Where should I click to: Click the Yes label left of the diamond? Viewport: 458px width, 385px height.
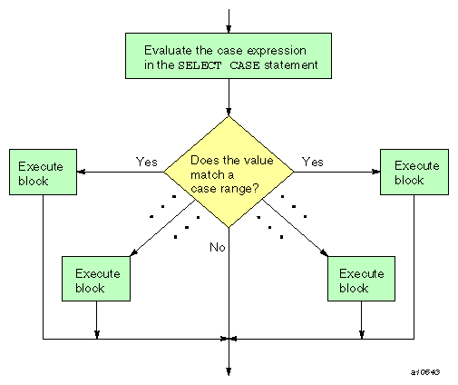point(147,162)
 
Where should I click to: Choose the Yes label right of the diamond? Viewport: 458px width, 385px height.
point(312,162)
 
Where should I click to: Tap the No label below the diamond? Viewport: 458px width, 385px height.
point(218,247)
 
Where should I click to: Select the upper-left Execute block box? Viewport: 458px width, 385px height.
point(43,173)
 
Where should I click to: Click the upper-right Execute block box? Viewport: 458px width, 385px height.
point(414,173)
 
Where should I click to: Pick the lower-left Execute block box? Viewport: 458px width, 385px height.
point(96,280)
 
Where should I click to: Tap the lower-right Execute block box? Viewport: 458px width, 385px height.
point(361,280)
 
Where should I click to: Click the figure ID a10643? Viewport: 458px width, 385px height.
point(425,373)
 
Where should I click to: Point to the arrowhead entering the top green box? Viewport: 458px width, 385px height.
point(229,28)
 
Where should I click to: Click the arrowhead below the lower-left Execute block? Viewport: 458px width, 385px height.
point(96,335)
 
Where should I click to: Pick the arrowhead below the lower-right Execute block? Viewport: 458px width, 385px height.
point(361,335)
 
